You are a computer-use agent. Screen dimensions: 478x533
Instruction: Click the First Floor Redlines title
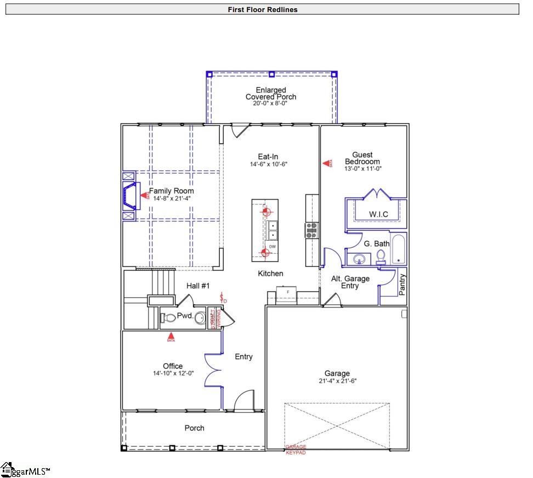[263, 9]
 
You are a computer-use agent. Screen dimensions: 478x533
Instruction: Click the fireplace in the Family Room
[129, 195]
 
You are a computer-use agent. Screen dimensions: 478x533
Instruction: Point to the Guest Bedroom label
[362, 158]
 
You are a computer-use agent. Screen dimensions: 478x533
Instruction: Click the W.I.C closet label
[379, 214]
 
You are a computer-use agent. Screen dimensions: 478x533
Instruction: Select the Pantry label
[402, 285]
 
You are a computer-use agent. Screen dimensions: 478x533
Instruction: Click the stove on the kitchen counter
[312, 230]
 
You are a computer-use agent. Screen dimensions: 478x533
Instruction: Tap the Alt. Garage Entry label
[350, 282]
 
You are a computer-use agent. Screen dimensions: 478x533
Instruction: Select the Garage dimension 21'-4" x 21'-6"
[337, 381]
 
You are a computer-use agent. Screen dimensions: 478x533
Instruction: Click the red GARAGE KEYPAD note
[296, 449]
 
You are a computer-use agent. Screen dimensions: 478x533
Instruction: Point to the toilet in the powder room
[167, 317]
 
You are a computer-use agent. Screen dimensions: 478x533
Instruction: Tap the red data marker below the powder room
[171, 337]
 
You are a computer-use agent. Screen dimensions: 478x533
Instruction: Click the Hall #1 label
[198, 286]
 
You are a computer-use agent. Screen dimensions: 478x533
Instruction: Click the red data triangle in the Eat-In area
[327, 163]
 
